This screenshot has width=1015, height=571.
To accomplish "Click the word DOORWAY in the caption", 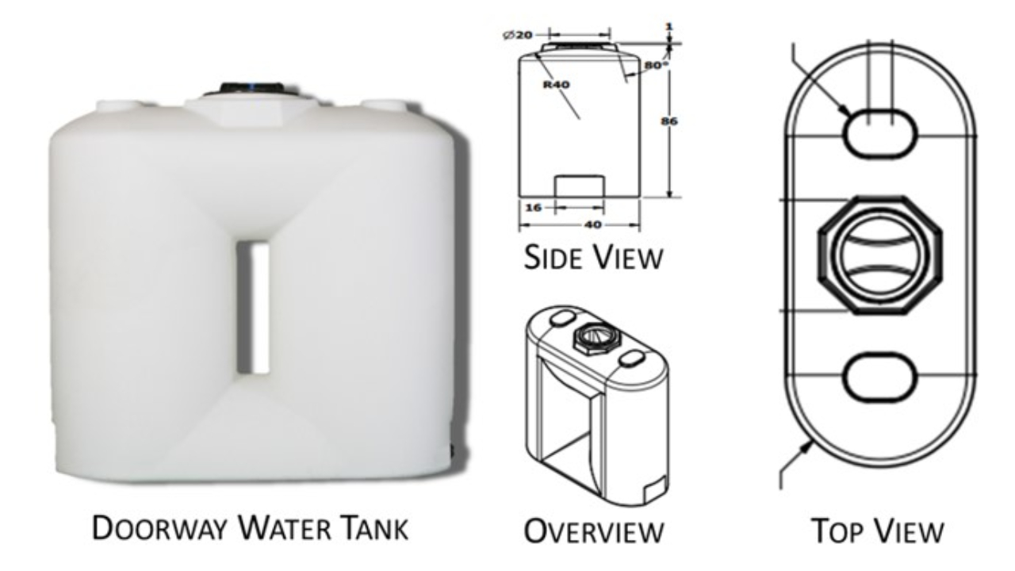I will point(150,529).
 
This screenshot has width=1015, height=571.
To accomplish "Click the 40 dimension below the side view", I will point(592,224).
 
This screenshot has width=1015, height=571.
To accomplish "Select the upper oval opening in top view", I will point(879,133).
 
